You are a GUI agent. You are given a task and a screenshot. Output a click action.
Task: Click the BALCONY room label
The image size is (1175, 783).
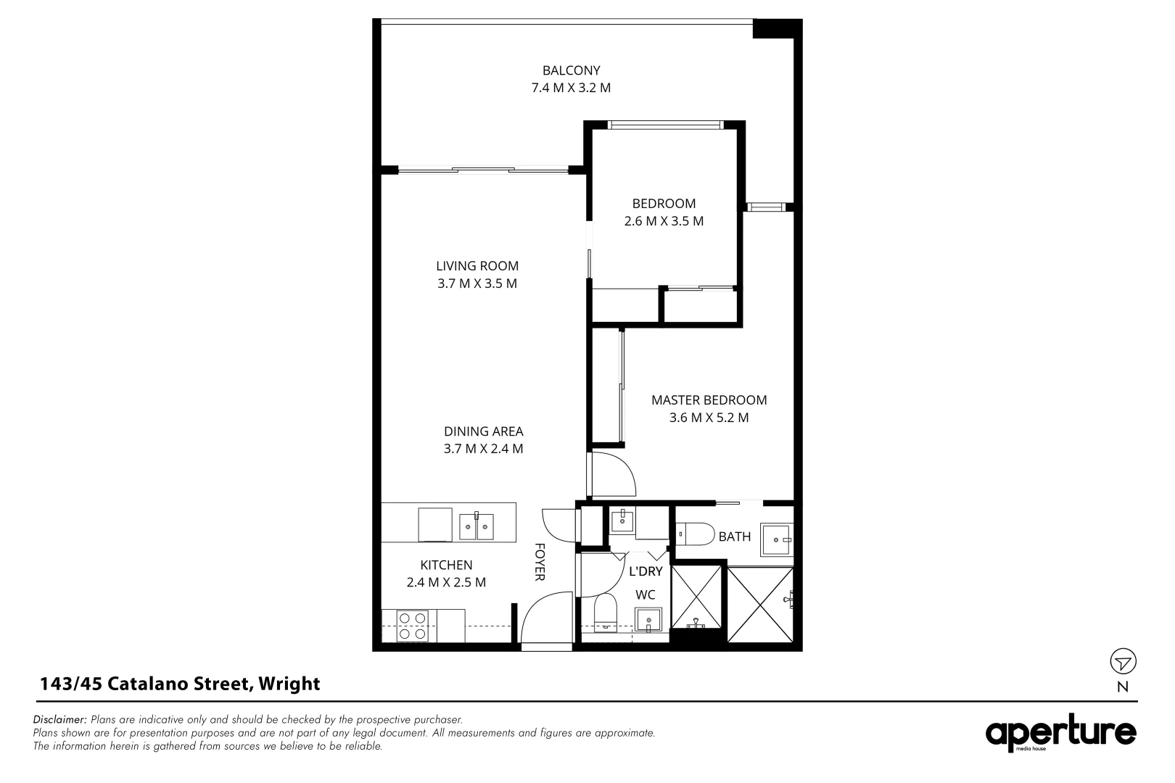pos(572,70)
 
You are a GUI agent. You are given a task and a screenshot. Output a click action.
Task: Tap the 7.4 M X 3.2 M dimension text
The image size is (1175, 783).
pos(572,88)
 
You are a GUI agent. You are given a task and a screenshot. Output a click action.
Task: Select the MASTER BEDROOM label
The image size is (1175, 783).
pos(709,400)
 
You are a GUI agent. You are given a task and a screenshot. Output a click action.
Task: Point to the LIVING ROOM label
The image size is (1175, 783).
pos(477,266)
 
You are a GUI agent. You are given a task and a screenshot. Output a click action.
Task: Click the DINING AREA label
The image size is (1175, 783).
pos(483,431)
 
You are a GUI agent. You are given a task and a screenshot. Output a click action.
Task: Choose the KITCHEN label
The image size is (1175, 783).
pos(446,565)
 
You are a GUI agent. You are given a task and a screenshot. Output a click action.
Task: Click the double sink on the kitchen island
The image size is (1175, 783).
pos(477,527)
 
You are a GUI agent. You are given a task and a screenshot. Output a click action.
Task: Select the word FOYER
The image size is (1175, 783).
pos(540,562)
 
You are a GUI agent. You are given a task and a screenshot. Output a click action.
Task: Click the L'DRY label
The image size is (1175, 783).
pos(646,571)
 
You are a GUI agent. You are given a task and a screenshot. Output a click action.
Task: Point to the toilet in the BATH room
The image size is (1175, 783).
pos(694,534)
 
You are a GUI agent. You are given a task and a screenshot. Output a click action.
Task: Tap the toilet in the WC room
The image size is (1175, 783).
pos(605,613)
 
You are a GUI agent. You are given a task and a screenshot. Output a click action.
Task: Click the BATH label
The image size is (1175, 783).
pos(735,537)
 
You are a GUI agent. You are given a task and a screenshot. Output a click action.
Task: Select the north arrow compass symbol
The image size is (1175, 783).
pos(1123,662)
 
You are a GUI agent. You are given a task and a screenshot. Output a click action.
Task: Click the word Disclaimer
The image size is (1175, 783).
pos(60,720)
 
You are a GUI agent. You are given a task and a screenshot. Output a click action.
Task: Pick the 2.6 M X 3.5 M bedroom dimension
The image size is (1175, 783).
pos(664,221)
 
